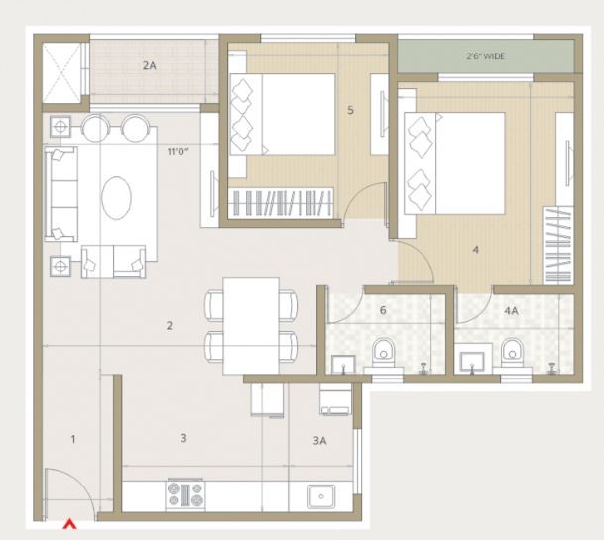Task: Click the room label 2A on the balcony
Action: click(x=150, y=65)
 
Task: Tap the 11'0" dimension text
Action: click(x=178, y=151)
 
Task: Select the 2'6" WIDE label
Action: click(x=485, y=56)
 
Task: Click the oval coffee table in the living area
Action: click(x=116, y=198)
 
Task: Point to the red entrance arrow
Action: click(x=69, y=524)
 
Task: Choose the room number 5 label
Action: click(x=350, y=110)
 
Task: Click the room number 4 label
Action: click(x=476, y=250)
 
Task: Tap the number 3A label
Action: click(x=319, y=441)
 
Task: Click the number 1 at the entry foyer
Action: click(x=73, y=439)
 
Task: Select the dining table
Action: click(x=251, y=326)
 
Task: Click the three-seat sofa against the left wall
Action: click(x=60, y=193)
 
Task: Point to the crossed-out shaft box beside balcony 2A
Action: click(x=61, y=72)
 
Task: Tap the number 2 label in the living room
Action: click(x=170, y=326)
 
